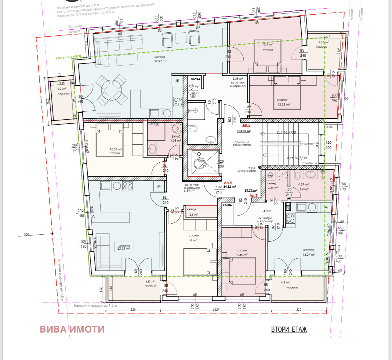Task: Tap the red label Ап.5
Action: click(x=246, y=125)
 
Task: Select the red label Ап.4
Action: click(x=228, y=183)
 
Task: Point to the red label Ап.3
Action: click(x=253, y=196)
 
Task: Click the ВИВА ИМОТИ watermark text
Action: click(x=72, y=329)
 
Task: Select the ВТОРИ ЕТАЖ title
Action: click(x=289, y=329)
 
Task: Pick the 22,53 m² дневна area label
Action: click(x=124, y=247)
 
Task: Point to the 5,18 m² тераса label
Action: click(x=323, y=45)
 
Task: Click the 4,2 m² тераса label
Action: click(x=63, y=91)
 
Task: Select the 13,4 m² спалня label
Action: click(x=268, y=47)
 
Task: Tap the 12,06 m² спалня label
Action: click(x=115, y=151)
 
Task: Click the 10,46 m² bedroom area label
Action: click(x=241, y=253)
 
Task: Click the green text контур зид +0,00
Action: click(x=68, y=57)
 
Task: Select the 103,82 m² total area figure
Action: click(x=244, y=131)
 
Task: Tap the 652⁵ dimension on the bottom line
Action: click(x=216, y=310)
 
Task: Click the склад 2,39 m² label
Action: click(x=272, y=186)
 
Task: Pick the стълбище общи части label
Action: click(x=242, y=143)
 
